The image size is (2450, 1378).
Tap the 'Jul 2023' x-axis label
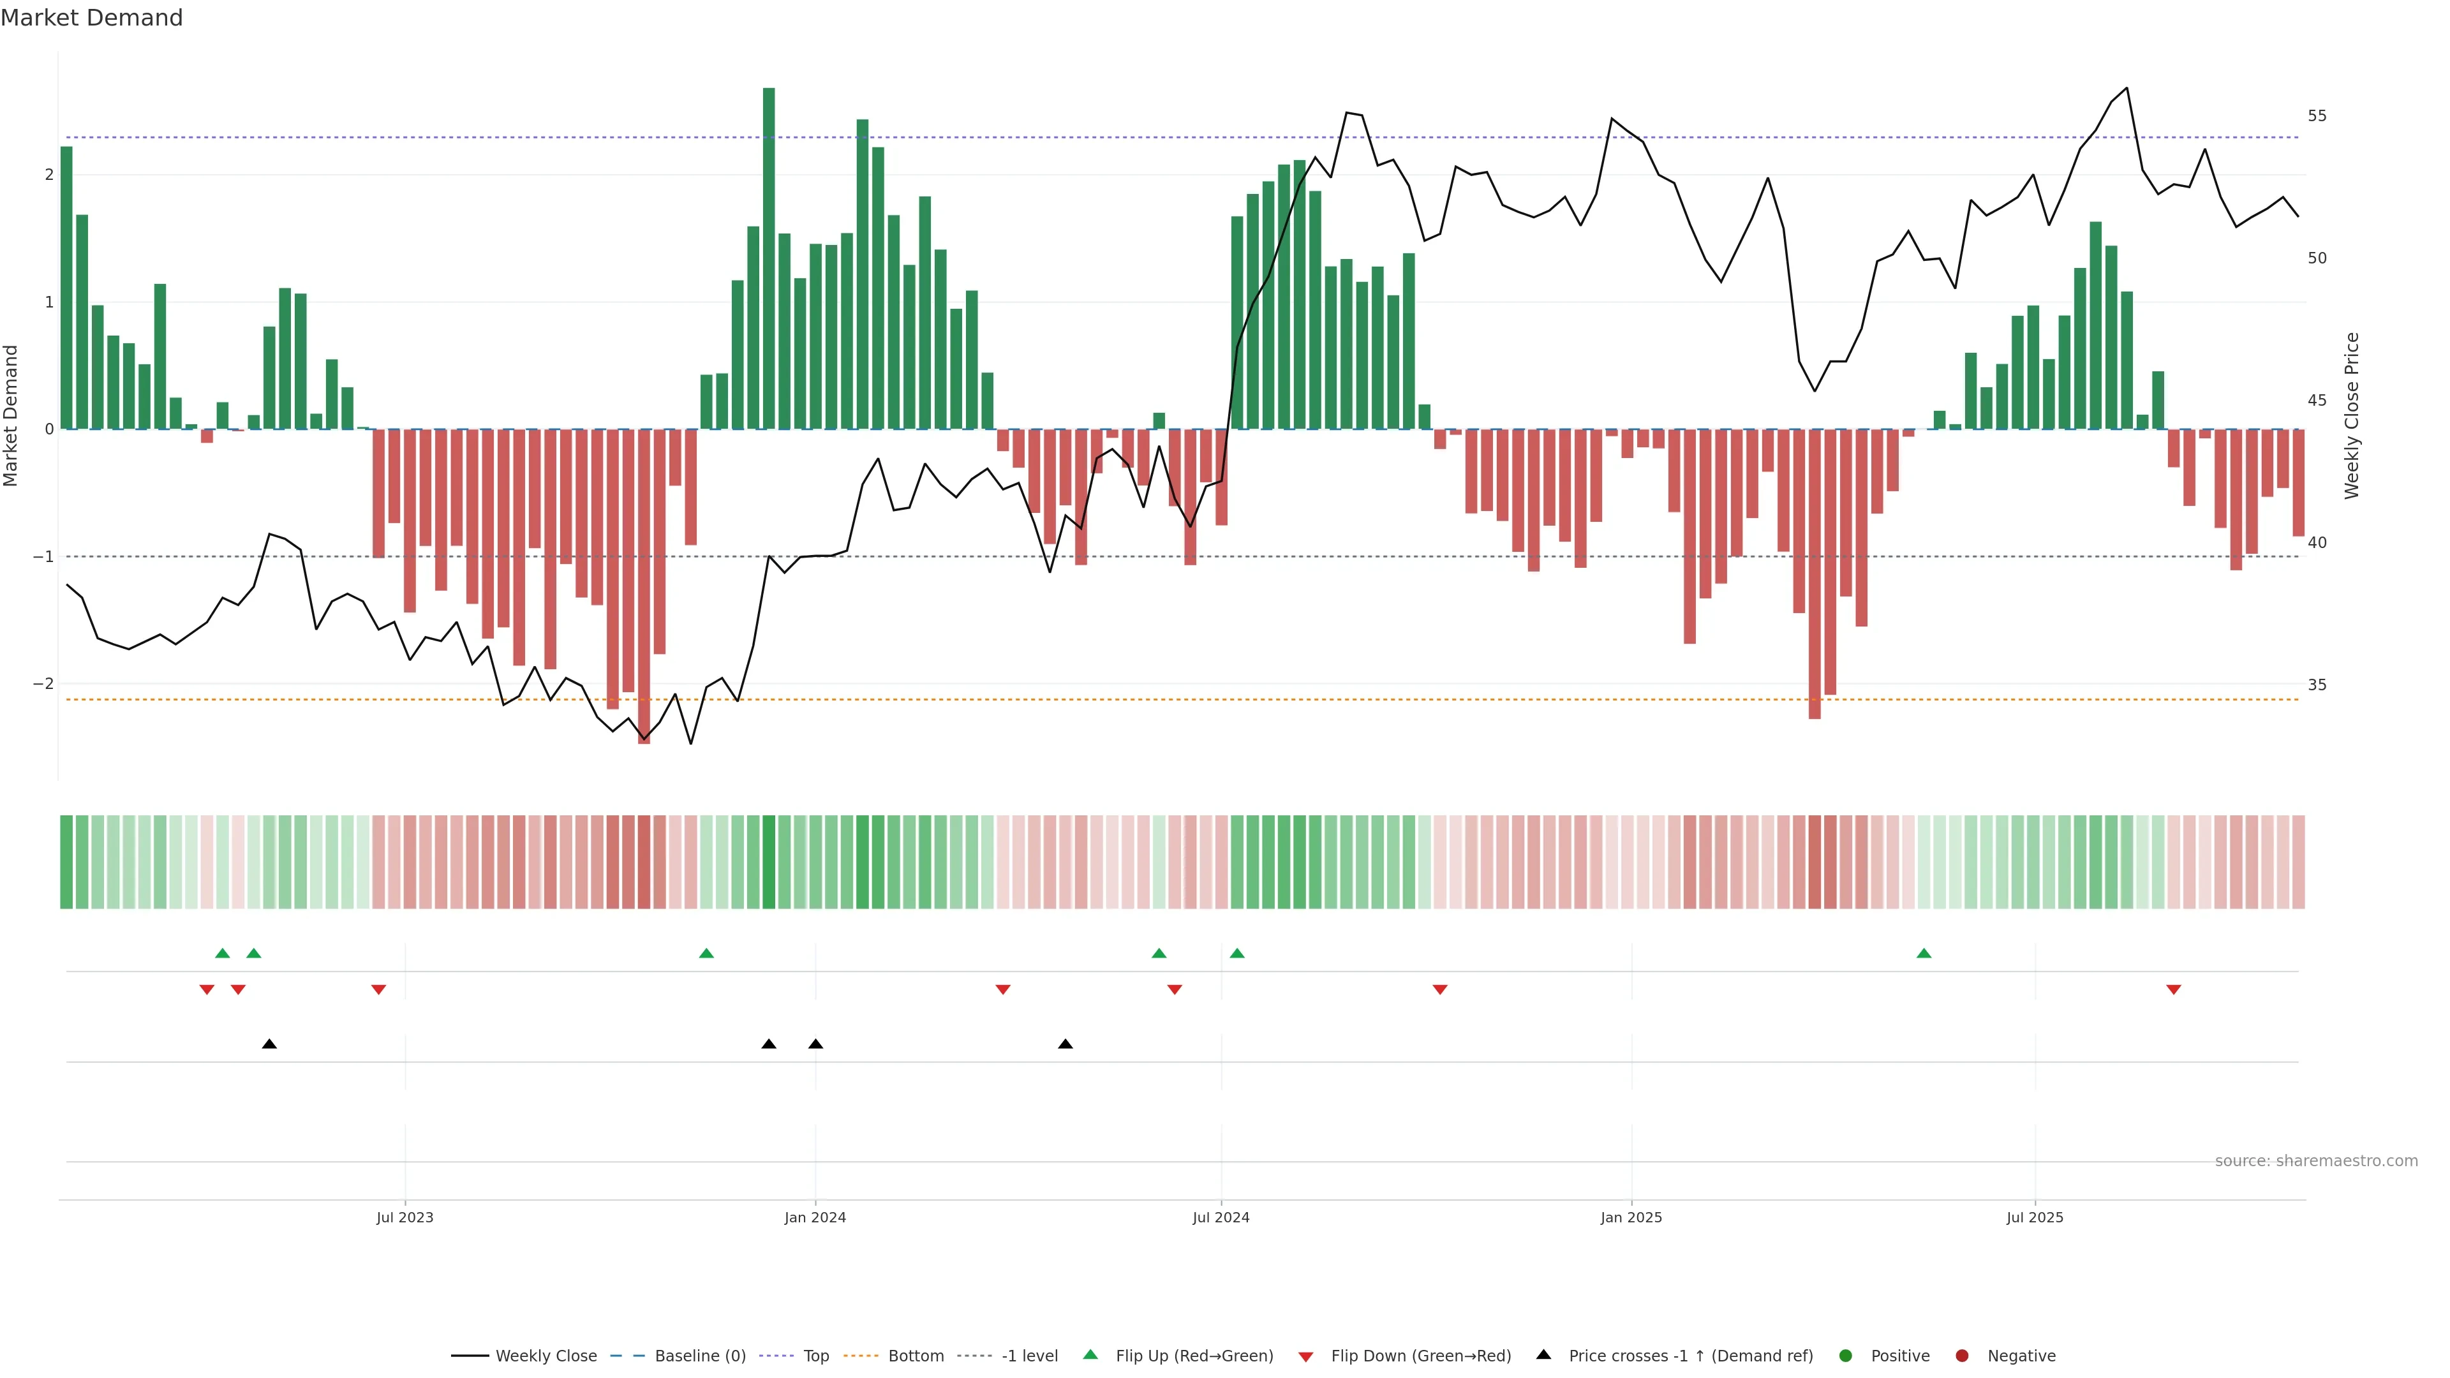click(x=405, y=1217)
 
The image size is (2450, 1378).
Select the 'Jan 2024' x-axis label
click(x=815, y=1217)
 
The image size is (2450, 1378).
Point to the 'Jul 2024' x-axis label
click(x=1221, y=1217)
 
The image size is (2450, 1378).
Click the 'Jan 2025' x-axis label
click(x=1631, y=1217)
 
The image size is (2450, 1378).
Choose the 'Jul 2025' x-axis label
click(x=2035, y=1217)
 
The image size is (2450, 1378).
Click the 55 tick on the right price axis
click(x=2317, y=116)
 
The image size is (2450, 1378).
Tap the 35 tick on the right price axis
click(x=2317, y=685)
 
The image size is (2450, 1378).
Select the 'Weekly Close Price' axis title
click(x=2352, y=415)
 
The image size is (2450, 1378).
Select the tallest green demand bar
click(x=768, y=256)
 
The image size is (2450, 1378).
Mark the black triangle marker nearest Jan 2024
click(x=815, y=1044)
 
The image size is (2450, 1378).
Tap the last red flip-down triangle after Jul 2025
click(x=2173, y=990)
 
